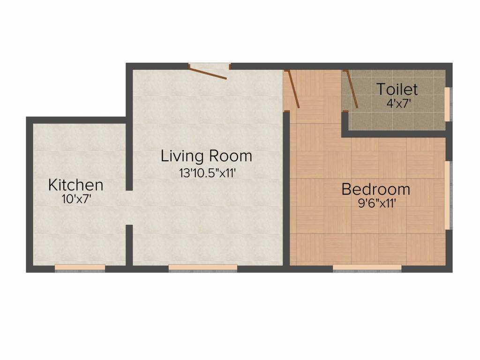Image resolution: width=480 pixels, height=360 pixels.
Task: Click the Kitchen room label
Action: point(75,185)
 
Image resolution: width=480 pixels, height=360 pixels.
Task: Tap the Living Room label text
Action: point(206,156)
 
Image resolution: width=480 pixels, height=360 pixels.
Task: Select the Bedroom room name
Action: point(375,189)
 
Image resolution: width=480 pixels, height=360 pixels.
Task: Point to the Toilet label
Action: point(397,89)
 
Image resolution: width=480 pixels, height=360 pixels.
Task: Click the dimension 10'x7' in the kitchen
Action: point(75,199)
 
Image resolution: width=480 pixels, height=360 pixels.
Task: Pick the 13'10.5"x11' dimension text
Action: point(206,172)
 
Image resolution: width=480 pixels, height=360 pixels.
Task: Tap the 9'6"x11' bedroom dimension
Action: point(375,203)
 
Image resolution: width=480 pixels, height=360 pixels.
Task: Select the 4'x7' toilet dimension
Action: point(399,103)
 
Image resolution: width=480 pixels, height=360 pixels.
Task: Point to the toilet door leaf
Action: point(351,90)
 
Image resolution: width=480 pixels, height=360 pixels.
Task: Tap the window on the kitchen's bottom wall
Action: point(80,268)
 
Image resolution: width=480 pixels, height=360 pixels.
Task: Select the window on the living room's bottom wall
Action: point(202,268)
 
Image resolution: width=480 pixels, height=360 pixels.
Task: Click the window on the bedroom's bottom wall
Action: point(367,268)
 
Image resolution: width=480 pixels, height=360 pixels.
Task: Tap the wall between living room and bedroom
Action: point(286,187)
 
